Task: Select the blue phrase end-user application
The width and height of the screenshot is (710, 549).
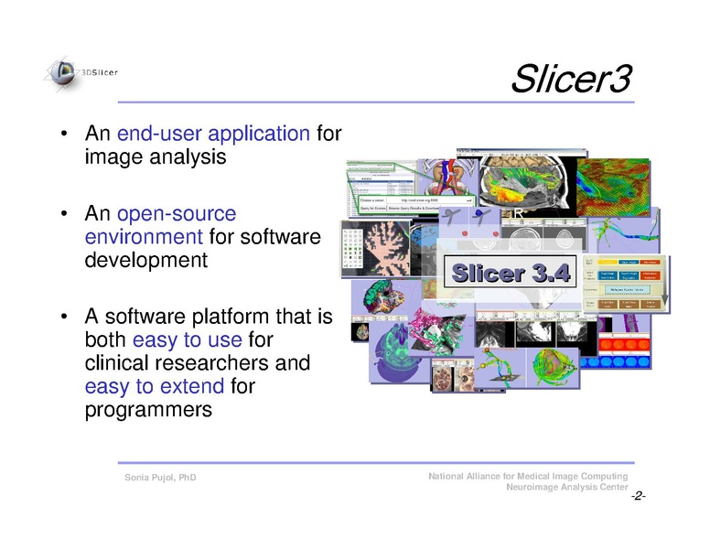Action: [x=213, y=134]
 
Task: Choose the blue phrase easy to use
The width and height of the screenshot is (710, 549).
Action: [x=187, y=340]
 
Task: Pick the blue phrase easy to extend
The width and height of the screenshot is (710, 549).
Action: [x=155, y=386]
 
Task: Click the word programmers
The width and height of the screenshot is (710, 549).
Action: [x=147, y=410]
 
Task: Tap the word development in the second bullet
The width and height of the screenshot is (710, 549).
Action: [x=145, y=261]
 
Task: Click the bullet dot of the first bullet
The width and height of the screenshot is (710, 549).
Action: [x=65, y=135]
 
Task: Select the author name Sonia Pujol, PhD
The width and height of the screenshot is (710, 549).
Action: [x=160, y=479]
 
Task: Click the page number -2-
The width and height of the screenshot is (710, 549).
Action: [x=638, y=496]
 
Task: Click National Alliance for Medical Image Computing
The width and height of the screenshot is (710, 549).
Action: [x=527, y=477]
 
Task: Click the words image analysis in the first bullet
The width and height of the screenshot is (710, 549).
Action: [x=155, y=157]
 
